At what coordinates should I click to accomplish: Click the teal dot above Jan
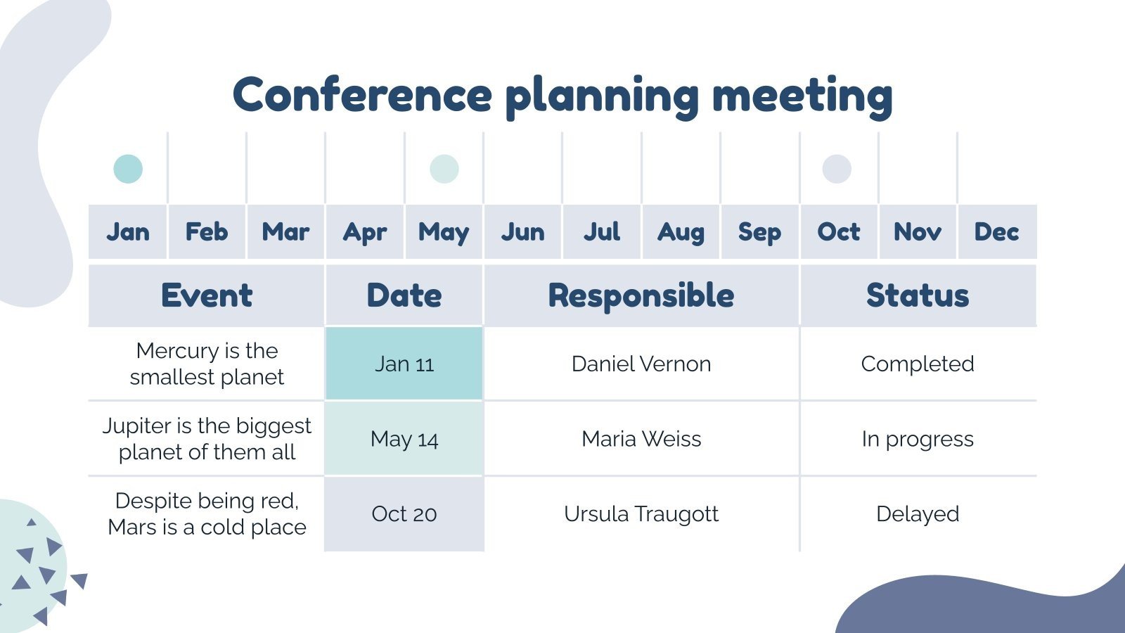click(128, 169)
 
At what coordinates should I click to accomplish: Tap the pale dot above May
click(444, 169)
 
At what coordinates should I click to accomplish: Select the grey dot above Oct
click(837, 169)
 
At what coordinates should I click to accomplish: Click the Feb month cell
click(207, 232)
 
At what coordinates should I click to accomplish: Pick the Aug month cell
click(681, 232)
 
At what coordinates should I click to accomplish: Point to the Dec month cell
click(996, 232)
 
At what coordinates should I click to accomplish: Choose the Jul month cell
click(602, 232)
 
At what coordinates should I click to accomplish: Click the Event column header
click(207, 295)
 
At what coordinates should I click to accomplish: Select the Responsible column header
click(641, 295)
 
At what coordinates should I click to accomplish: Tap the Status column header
click(918, 295)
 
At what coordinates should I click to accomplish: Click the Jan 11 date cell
click(404, 364)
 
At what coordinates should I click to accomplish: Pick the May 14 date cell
click(404, 439)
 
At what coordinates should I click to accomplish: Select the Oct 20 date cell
click(404, 514)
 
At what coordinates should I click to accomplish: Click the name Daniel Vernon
click(641, 364)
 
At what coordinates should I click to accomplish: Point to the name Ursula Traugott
click(641, 514)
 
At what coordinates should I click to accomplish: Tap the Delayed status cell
click(918, 514)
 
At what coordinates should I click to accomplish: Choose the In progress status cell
click(918, 439)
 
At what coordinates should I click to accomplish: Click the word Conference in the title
click(362, 95)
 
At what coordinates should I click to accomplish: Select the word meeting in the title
click(802, 95)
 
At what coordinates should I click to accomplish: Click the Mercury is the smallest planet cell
click(207, 364)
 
